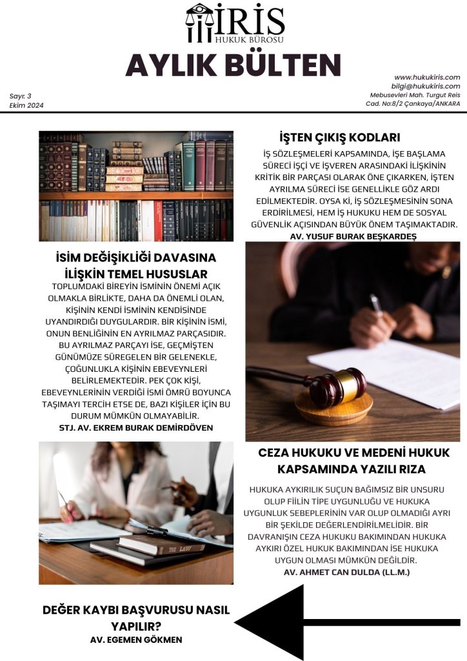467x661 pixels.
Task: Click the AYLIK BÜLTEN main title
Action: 233,65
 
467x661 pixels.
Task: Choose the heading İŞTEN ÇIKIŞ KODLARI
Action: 340,137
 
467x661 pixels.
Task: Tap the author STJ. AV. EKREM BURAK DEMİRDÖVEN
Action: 135,427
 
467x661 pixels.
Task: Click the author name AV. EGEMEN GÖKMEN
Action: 136,639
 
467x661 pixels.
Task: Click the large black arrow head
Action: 271,622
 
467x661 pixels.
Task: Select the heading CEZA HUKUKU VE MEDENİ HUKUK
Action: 353,453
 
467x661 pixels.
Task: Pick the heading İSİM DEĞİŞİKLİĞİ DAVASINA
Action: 136,258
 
